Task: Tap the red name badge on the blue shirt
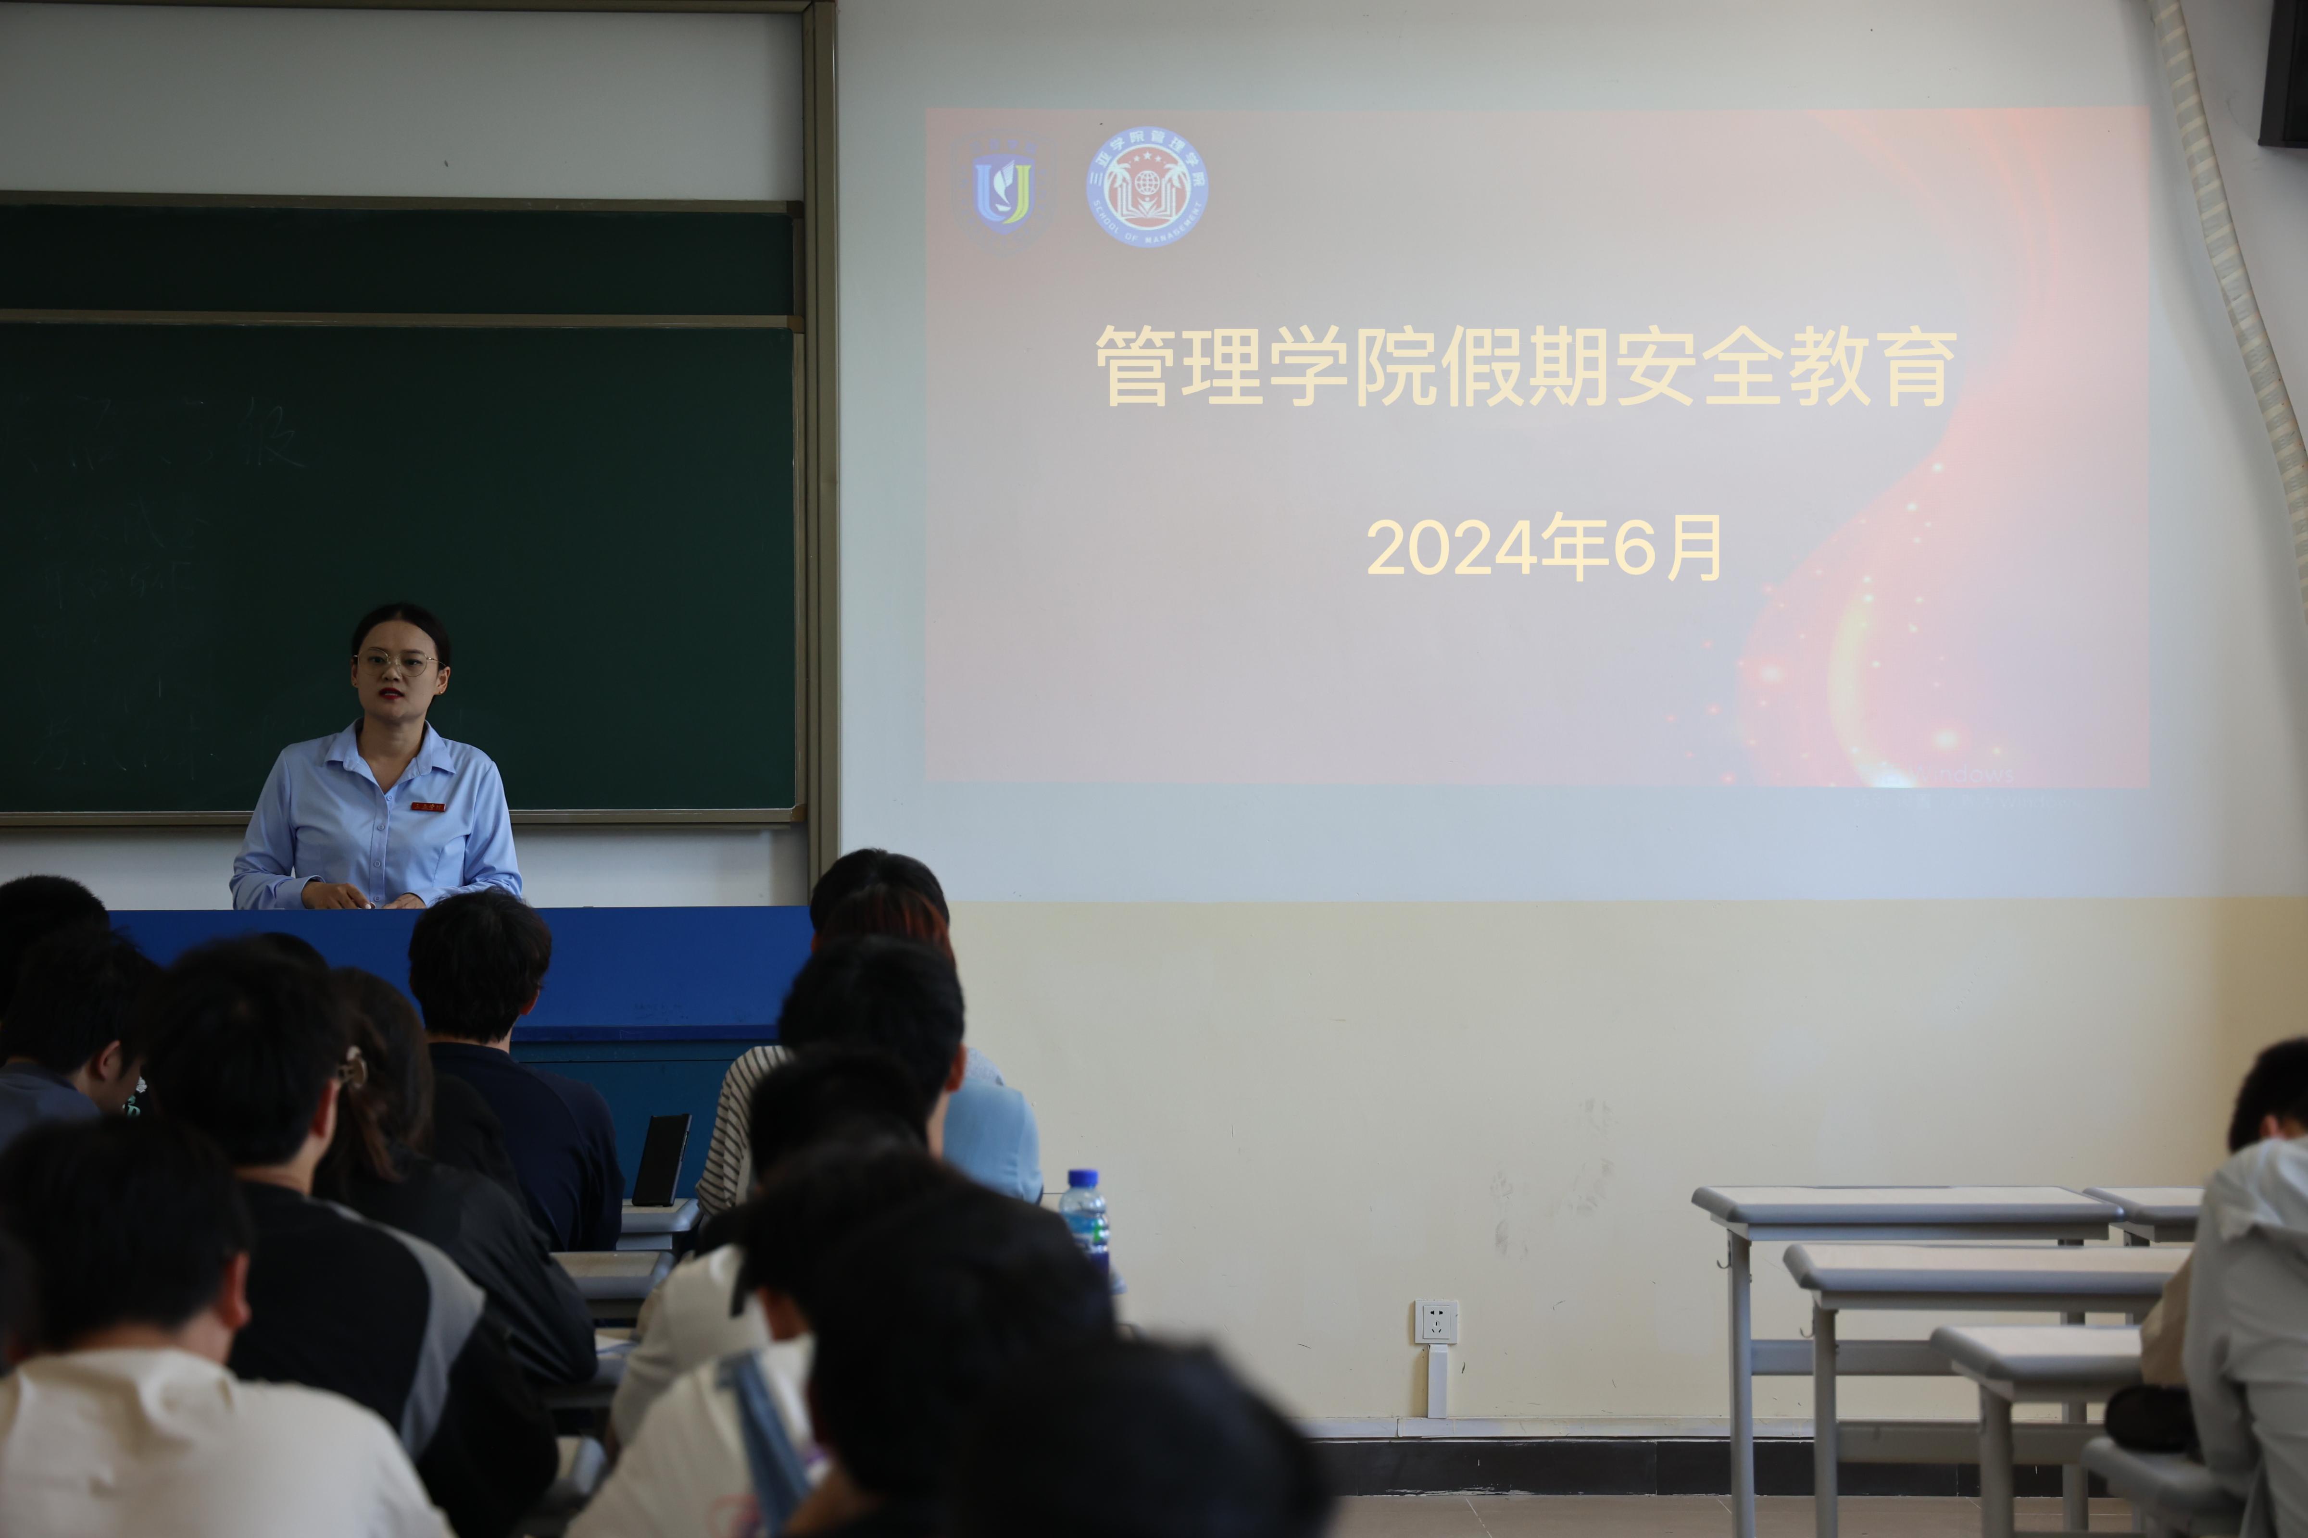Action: coord(428,806)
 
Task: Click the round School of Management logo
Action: coord(1147,186)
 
